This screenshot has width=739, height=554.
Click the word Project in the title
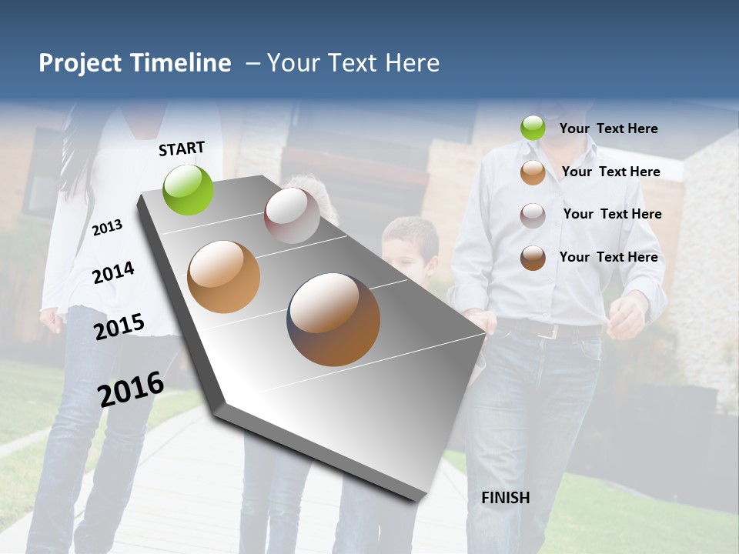click(x=81, y=63)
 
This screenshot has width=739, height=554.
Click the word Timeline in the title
click(x=180, y=63)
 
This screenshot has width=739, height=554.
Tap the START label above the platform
click(x=182, y=149)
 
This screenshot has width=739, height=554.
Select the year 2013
click(x=107, y=227)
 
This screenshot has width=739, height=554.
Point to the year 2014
click(x=113, y=272)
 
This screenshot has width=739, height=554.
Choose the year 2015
click(x=119, y=326)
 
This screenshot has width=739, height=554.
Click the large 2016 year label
click(x=131, y=389)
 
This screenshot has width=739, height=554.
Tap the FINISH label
click(x=505, y=498)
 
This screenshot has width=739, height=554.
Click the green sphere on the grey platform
click(x=189, y=190)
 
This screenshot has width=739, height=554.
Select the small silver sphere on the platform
click(x=292, y=215)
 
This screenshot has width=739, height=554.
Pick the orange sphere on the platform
click(x=224, y=277)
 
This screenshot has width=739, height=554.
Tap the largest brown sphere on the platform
click(x=333, y=319)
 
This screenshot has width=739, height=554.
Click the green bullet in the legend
click(x=533, y=128)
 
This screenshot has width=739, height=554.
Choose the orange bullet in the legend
click(x=533, y=172)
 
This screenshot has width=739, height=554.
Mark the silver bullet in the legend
click(x=533, y=215)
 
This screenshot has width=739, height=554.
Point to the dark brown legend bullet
click(x=533, y=258)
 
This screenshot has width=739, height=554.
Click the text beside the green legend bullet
click(x=608, y=128)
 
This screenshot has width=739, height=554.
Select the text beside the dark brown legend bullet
click(x=608, y=257)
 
